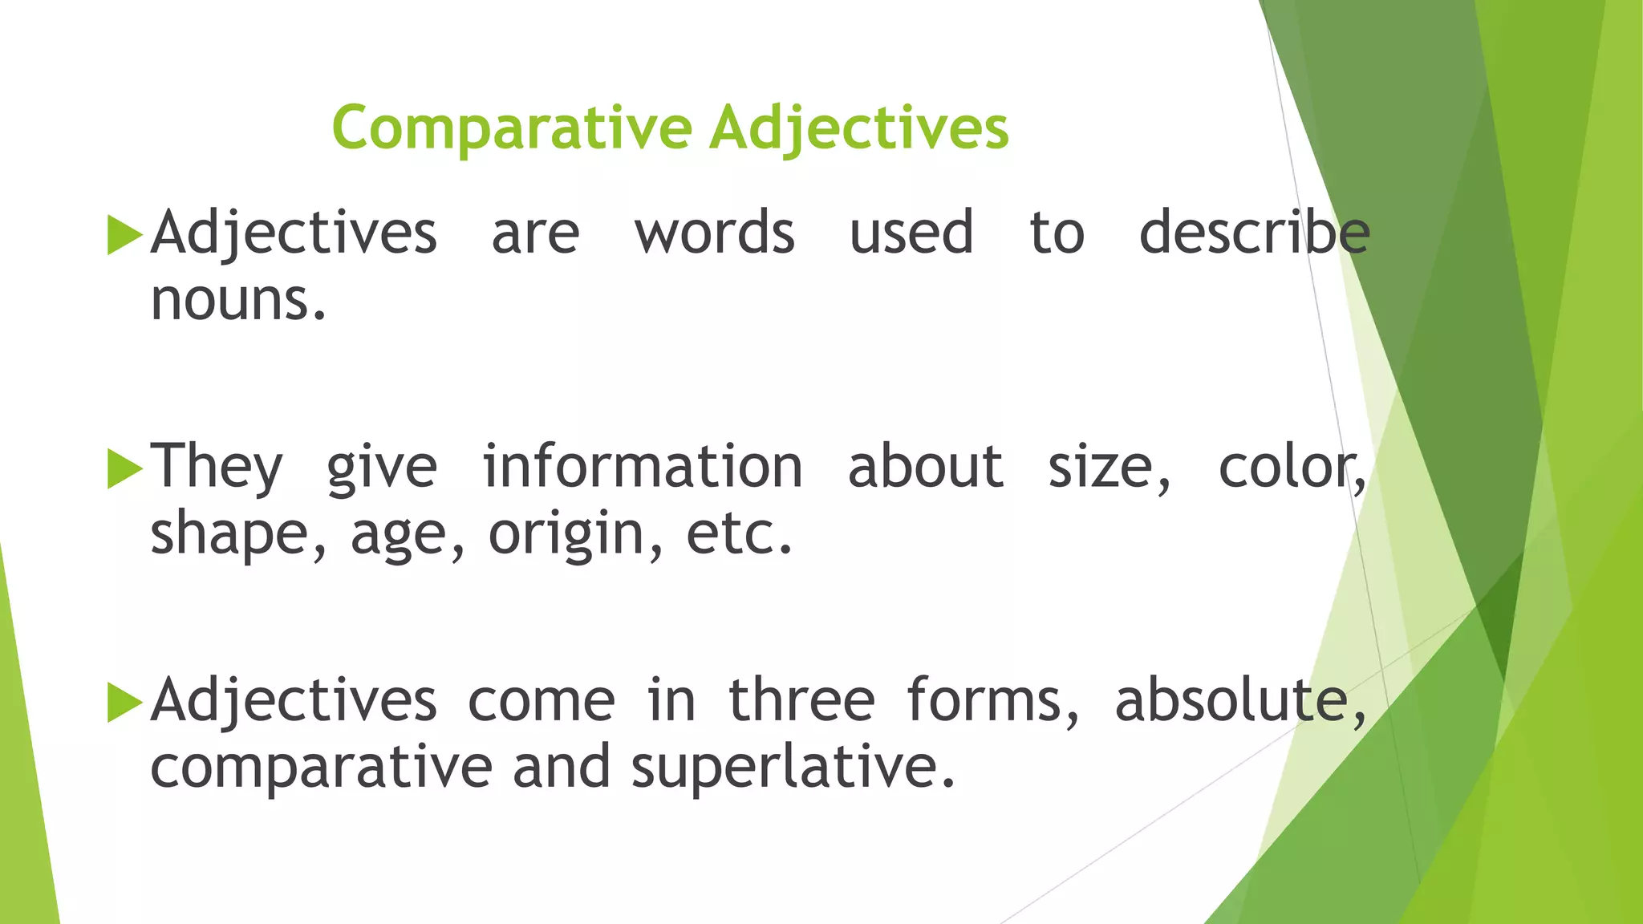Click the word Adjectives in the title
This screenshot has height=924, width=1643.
pos(858,128)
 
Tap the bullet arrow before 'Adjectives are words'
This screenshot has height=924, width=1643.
pos(124,235)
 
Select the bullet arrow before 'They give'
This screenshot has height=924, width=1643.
pos(124,469)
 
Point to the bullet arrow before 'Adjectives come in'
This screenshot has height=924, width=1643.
pos(124,703)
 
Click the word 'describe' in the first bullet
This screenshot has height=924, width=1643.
pos(1254,233)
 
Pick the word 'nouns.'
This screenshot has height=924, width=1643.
pos(238,301)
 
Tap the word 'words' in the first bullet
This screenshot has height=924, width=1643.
pos(714,233)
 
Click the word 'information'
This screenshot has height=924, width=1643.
pos(642,467)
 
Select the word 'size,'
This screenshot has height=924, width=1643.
pos(1110,467)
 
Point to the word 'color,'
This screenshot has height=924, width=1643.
pos(1292,467)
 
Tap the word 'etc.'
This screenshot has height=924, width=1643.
pos(739,534)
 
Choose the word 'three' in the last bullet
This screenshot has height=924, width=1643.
pos(801,700)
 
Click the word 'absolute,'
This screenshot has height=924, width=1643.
pos(1240,700)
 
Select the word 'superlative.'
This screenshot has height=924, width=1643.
pos(793,768)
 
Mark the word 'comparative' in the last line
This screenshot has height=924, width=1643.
pos(321,768)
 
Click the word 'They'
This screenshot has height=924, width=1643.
pos(217,467)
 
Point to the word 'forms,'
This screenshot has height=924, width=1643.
pos(993,700)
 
